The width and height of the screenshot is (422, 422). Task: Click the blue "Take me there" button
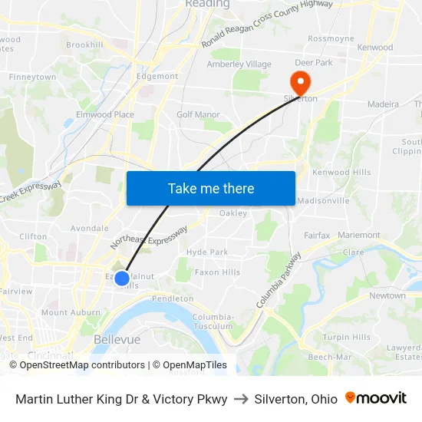211,188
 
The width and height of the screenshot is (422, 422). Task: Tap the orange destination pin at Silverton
297,81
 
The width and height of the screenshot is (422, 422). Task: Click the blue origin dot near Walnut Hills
122,278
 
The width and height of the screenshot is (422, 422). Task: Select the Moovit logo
376,398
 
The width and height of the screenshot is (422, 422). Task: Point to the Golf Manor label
198,115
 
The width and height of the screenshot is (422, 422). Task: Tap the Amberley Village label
239,64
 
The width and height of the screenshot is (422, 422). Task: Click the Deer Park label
313,63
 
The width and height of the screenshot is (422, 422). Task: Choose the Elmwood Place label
104,115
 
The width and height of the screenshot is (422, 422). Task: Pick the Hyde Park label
207,252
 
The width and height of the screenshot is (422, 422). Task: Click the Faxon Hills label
217,272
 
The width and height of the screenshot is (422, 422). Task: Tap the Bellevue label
117,339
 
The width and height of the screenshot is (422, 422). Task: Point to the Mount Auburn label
71,313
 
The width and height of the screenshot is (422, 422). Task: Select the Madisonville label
322,201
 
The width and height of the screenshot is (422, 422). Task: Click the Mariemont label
358,236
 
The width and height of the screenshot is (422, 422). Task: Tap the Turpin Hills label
346,338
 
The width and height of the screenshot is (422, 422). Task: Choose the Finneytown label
32,77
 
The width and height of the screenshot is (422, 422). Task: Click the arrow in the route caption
241,399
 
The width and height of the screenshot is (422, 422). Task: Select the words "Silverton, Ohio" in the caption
295,399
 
